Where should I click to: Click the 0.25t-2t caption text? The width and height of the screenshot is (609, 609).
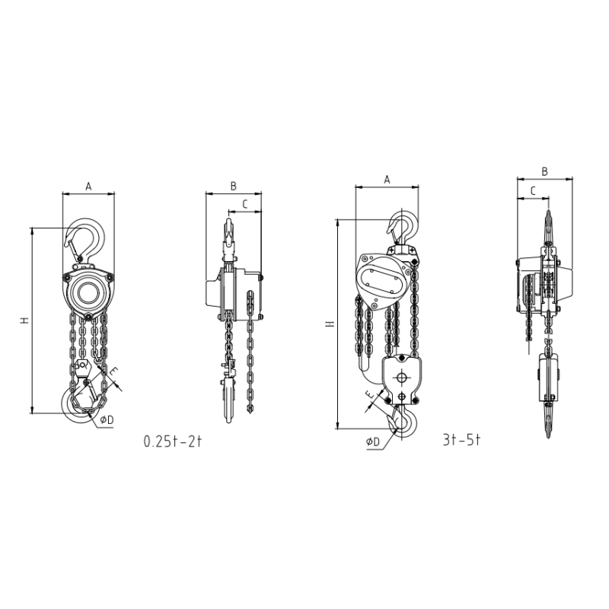[173, 442]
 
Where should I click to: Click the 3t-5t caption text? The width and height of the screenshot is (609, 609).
[462, 440]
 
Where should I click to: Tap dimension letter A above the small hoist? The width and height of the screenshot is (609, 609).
[88, 187]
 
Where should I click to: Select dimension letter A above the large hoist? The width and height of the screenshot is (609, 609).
[387, 180]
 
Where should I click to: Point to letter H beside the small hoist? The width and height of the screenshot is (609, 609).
[25, 320]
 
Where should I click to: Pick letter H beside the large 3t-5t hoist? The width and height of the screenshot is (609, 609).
[330, 324]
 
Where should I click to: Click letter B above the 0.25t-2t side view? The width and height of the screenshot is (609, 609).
[234, 186]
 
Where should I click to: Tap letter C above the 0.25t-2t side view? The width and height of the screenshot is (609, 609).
[245, 204]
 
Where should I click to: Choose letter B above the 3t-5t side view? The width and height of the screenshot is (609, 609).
[544, 172]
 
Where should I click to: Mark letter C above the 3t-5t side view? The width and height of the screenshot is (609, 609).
[533, 191]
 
